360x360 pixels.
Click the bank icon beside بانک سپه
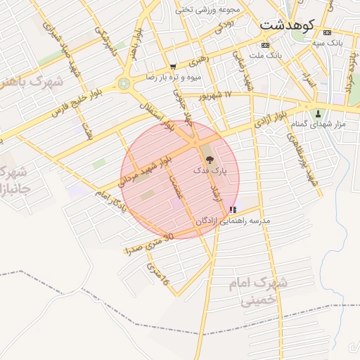(x=326, y=32)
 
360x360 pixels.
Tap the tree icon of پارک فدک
(x=210, y=160)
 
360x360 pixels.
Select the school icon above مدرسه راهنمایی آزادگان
(x=233, y=210)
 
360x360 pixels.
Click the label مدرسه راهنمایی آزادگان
(x=233, y=221)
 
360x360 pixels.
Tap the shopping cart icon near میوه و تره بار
(x=173, y=66)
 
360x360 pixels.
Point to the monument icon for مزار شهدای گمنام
(x=319, y=113)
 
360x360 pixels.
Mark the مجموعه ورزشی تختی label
(x=208, y=10)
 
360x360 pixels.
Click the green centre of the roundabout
(x=124, y=84)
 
